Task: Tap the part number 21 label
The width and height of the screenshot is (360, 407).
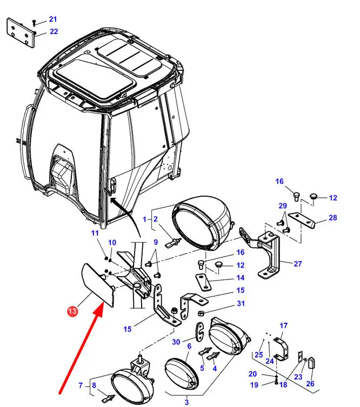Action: pyautogui.click(x=52, y=19)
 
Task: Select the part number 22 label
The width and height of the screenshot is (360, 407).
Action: pyautogui.click(x=54, y=31)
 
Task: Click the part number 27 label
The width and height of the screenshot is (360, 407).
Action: pyautogui.click(x=298, y=264)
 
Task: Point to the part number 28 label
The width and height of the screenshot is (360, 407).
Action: pyautogui.click(x=333, y=218)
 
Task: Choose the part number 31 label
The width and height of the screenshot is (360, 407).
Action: pyautogui.click(x=240, y=303)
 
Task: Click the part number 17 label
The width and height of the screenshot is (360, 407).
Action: pyautogui.click(x=284, y=326)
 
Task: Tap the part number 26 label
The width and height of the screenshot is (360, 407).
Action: pyautogui.click(x=310, y=384)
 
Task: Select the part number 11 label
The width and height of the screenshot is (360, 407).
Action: pyautogui.click(x=95, y=233)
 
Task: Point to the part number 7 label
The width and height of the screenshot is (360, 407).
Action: pyautogui.click(x=81, y=385)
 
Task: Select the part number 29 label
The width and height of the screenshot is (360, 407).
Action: pyautogui.click(x=282, y=206)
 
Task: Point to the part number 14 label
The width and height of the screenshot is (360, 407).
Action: pyautogui.click(x=240, y=278)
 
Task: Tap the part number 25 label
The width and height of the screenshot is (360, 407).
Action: pyautogui.click(x=258, y=355)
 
